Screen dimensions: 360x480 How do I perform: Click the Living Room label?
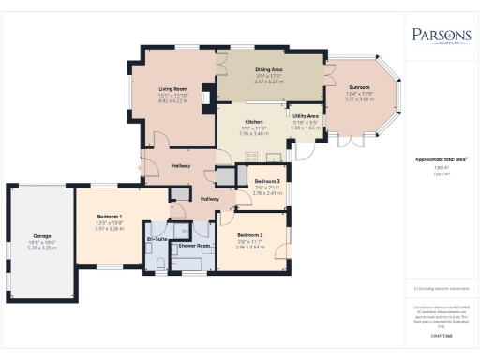[x=173, y=89]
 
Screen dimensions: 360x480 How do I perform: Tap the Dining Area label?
[x=269, y=69]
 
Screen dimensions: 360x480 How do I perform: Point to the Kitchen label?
[x=254, y=122]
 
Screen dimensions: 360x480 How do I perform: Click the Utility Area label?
[x=306, y=115]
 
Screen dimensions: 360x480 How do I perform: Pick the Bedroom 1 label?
[x=110, y=215]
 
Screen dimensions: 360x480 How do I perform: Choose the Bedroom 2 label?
[x=248, y=234]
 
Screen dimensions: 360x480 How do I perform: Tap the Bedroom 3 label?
[x=267, y=180]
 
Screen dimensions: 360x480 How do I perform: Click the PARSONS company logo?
[x=441, y=37]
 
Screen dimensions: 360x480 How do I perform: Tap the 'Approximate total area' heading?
[x=441, y=159]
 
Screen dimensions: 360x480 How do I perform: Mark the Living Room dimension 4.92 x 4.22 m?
[x=173, y=100]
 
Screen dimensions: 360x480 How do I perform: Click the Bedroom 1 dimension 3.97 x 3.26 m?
[x=110, y=228]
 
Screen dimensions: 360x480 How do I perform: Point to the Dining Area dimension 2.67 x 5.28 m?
[x=269, y=82]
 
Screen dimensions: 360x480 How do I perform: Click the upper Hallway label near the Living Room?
[x=180, y=166]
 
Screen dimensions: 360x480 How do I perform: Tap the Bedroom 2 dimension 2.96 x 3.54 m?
[x=248, y=247]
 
